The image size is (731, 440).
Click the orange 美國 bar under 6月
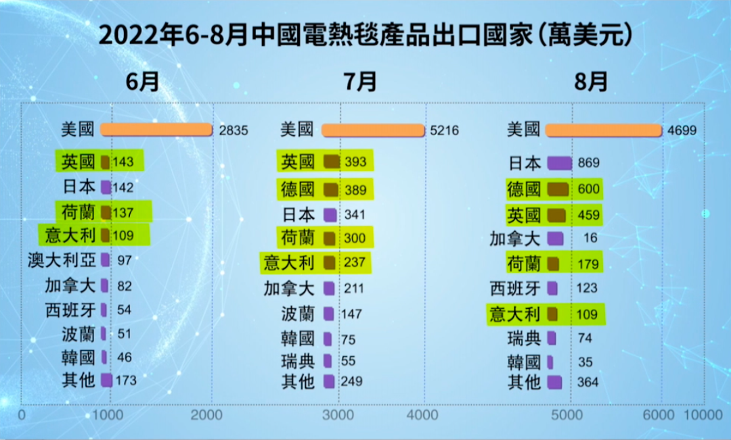tap(156, 130)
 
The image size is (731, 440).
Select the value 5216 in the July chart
tap(444, 130)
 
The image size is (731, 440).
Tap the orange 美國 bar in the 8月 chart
tap(603, 130)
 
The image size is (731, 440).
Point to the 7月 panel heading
tap(360, 82)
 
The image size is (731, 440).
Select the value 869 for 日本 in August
tap(589, 163)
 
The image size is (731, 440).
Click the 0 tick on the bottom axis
tap(22, 414)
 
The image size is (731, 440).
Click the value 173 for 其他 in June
tap(126, 381)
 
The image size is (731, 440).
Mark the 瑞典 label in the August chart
tap(525, 338)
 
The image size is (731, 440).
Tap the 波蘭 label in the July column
tap(298, 314)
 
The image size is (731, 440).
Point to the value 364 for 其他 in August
tap(589, 383)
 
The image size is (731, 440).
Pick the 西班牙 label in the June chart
tap(70, 310)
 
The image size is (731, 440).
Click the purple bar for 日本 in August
tap(559, 163)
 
